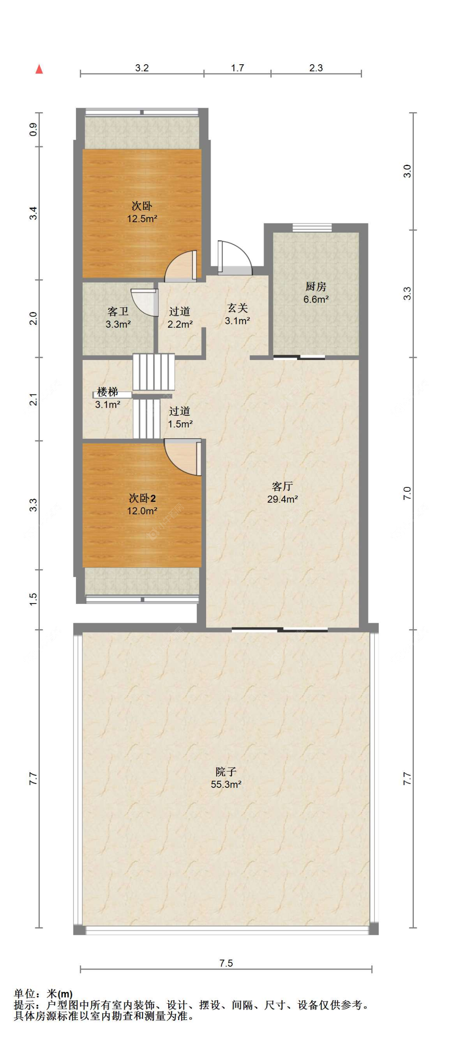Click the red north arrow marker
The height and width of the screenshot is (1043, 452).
coord(39,69)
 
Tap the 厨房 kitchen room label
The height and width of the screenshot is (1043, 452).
coord(315,286)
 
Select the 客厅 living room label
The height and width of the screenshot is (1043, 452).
coord(282,486)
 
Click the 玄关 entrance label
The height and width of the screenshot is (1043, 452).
coord(237,308)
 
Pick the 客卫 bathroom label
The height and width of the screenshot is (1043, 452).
coord(118,311)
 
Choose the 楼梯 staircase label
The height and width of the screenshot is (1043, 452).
coord(107,392)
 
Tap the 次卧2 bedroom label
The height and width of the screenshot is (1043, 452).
coord(142,498)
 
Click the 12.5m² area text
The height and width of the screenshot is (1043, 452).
coord(142,219)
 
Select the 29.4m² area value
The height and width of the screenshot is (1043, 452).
coord(282,499)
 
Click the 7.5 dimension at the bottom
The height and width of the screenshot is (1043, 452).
coord(226,963)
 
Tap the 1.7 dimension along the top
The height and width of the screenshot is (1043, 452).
coord(237,67)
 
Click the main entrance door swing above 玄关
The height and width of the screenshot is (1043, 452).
coord(235,258)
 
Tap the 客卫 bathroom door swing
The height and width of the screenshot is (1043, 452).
coord(144,302)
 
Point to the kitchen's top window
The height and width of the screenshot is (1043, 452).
coord(312,228)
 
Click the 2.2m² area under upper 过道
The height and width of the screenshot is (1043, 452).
coord(180,324)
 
